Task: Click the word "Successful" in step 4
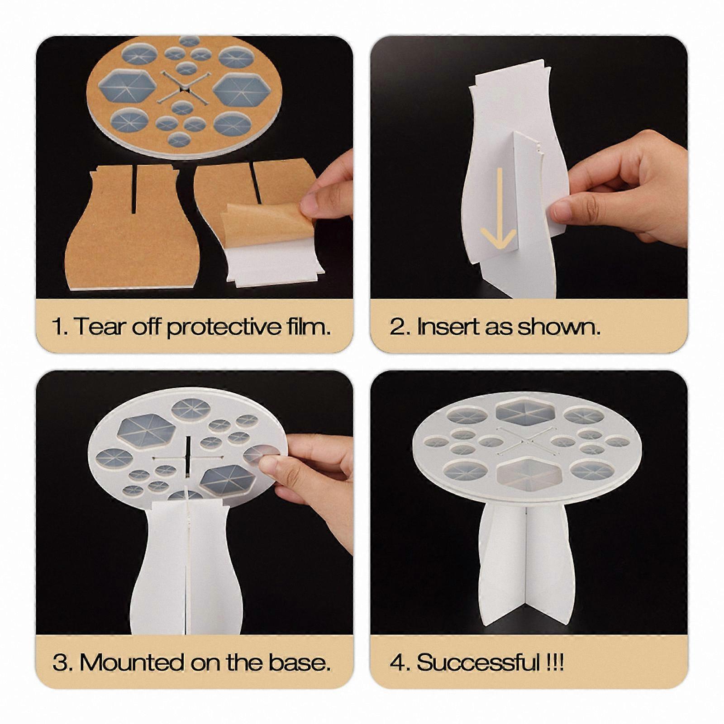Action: (x=478, y=662)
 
